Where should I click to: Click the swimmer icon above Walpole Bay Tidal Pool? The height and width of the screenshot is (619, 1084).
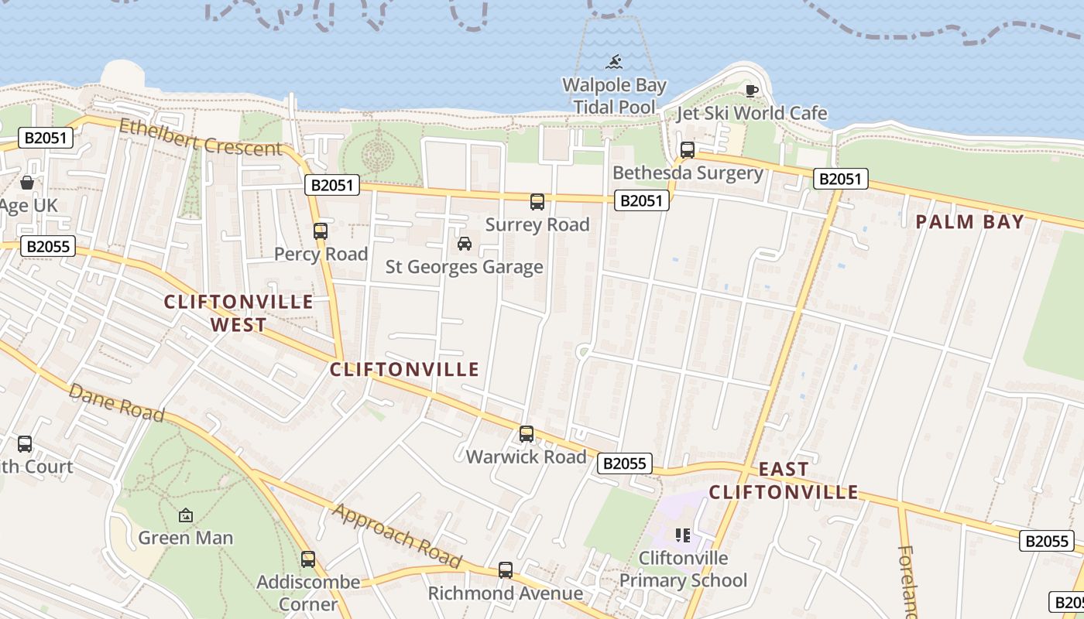[x=614, y=61]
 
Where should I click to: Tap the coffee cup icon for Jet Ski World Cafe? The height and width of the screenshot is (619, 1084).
[x=751, y=91]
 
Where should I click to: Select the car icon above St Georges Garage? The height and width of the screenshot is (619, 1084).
[x=465, y=244]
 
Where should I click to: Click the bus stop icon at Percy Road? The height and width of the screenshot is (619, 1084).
[x=321, y=231]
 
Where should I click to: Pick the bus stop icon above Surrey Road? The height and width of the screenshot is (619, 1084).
[x=537, y=202]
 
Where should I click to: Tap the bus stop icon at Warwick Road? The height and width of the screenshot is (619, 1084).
[x=527, y=434]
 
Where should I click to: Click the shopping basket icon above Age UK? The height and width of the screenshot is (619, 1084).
[x=27, y=183]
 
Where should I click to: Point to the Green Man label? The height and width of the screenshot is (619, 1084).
[x=186, y=537]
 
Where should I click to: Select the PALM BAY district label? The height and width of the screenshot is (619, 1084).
[x=969, y=222]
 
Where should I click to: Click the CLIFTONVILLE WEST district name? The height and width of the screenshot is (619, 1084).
[x=238, y=313]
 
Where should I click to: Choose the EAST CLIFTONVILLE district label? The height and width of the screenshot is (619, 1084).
[x=784, y=480]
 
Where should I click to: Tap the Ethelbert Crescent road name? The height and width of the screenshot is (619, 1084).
[x=200, y=136]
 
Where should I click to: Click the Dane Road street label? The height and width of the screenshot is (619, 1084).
[x=116, y=402]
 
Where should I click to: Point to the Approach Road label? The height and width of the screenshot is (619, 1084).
[x=397, y=535]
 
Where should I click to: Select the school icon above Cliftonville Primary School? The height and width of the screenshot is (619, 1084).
[x=682, y=535]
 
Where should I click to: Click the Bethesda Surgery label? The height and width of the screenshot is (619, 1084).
[x=688, y=173]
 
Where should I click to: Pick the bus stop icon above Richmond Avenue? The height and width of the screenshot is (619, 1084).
[x=506, y=570]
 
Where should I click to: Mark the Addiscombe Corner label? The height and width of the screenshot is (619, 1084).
[x=308, y=592]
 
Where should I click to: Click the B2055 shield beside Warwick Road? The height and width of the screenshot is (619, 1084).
[x=624, y=463]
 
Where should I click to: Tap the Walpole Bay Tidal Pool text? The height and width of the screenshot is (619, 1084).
[x=614, y=96]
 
